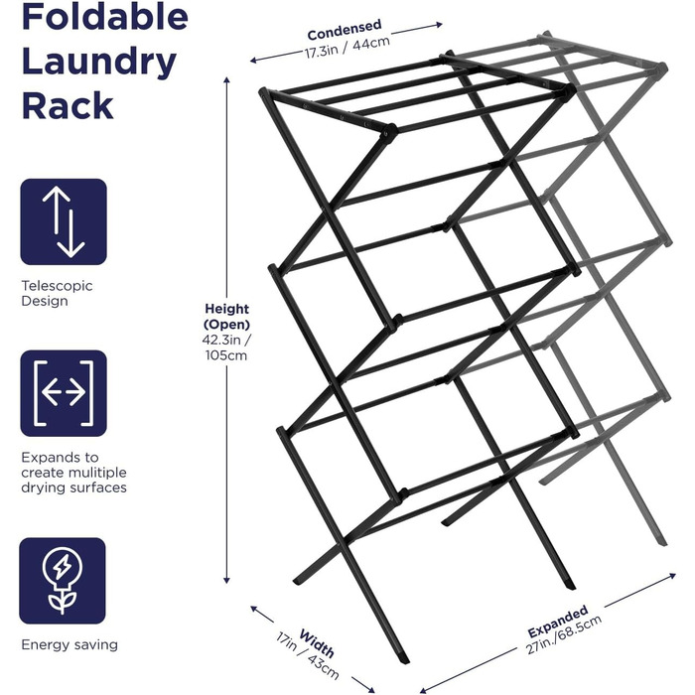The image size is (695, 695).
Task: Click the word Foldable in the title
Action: click(x=105, y=16)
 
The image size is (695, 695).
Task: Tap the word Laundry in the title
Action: click(x=99, y=62)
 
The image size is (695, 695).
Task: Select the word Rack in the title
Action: click(x=68, y=105)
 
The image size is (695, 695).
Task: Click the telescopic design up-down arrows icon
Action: click(x=64, y=221)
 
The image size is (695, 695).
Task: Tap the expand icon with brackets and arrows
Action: click(x=64, y=393)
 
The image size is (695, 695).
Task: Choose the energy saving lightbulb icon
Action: click(x=63, y=581)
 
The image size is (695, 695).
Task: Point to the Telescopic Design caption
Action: click(x=57, y=293)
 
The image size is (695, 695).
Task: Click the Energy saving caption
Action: click(x=69, y=644)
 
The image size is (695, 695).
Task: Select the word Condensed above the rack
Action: click(x=345, y=29)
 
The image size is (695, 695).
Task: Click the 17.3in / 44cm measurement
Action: click(x=347, y=47)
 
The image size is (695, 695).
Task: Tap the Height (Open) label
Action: click(x=227, y=316)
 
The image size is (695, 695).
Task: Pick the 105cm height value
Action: click(x=226, y=355)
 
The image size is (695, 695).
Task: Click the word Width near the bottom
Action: click(x=317, y=642)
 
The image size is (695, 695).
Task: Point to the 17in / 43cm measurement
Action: click(x=307, y=656)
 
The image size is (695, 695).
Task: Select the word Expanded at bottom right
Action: click(x=558, y=621)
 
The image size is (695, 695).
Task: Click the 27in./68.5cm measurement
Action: click(x=564, y=634)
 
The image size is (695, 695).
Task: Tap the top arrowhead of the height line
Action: click(x=226, y=79)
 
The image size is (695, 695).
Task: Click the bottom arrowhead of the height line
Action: click(x=226, y=580)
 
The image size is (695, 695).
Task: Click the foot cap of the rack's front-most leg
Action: click(x=402, y=657)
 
